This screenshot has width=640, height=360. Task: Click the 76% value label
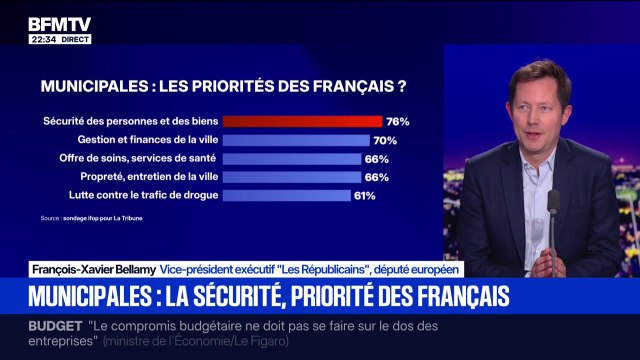coord(399,121)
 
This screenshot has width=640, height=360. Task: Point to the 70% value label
coord(386,140)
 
